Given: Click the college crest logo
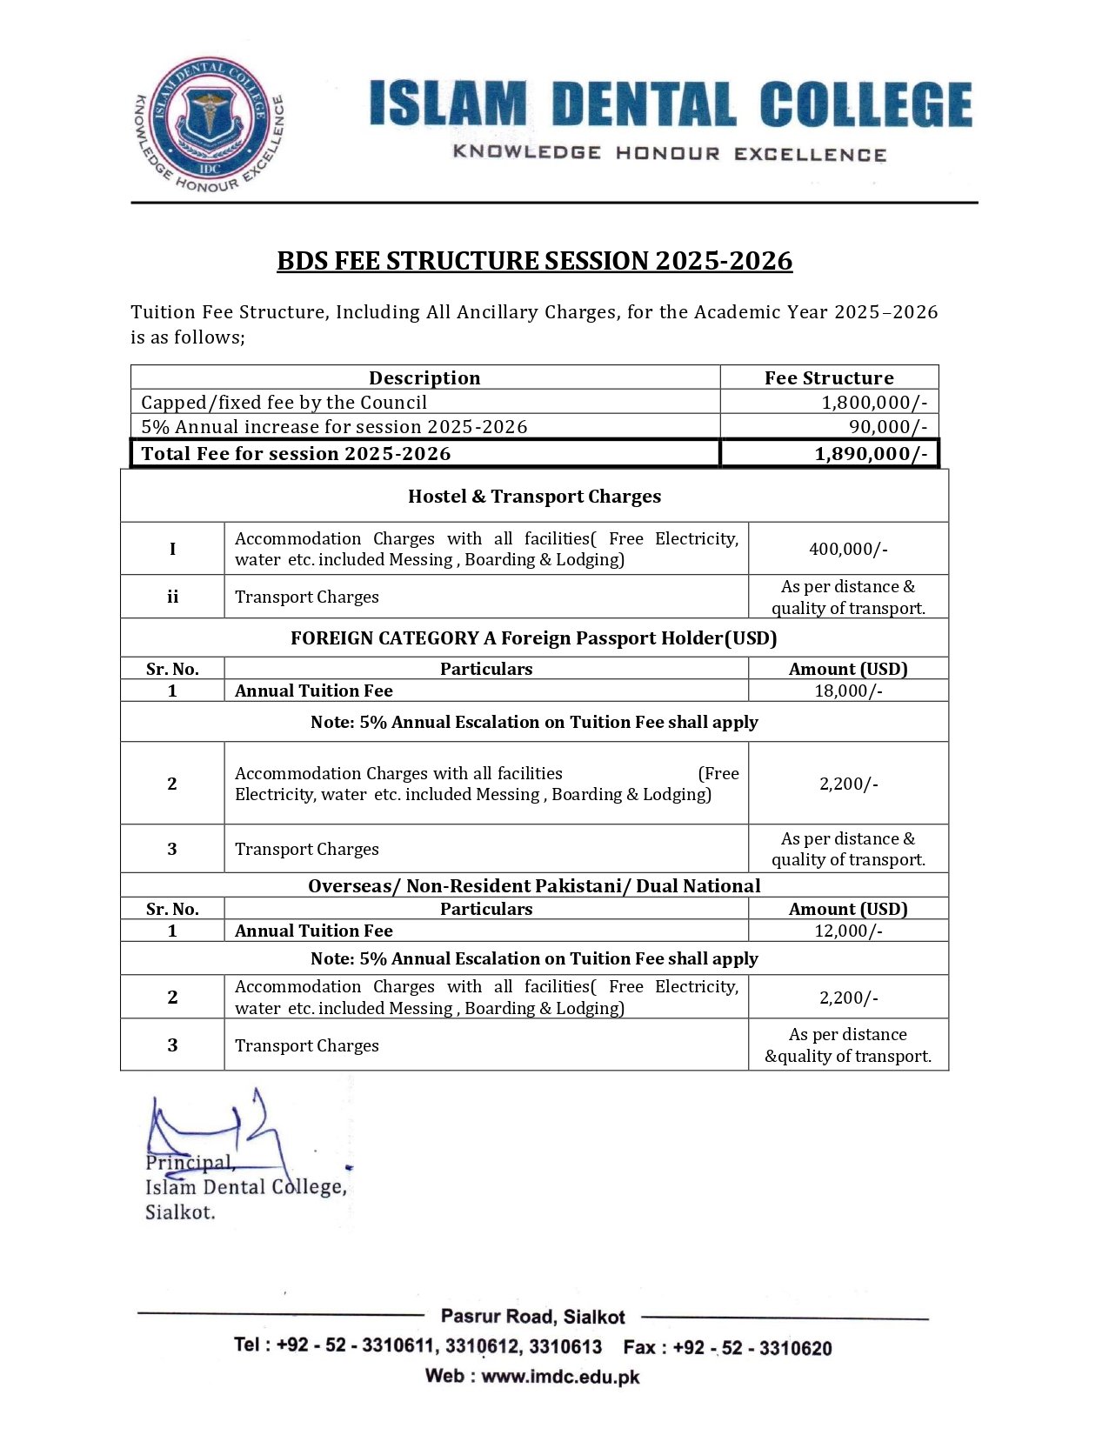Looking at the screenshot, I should click(210, 124).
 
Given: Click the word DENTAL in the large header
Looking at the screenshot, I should click(644, 104).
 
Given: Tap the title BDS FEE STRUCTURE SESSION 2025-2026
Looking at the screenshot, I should click(534, 261).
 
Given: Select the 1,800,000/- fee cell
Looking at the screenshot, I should click(873, 403).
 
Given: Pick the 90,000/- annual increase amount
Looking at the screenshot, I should click(887, 427).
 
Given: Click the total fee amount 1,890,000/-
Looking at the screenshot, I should click(870, 454).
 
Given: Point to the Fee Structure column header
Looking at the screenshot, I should click(829, 377).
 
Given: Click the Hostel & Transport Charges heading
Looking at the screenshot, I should click(534, 497).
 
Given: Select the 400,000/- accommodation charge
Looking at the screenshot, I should click(848, 549).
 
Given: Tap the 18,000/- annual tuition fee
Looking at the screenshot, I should click(848, 691).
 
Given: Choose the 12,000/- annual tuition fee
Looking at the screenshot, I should click(848, 931).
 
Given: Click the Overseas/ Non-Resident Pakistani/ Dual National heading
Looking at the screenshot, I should click(534, 886).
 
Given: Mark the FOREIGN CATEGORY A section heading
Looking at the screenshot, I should click(534, 638).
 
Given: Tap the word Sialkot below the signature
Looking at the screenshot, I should click(179, 1212).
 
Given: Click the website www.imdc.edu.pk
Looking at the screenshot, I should click(560, 1377).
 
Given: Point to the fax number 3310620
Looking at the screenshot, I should click(795, 1349).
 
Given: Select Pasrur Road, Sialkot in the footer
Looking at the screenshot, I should click(532, 1317).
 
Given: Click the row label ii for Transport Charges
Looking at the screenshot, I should click(172, 597).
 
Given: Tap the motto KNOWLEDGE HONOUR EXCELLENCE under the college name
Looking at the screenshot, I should click(669, 154).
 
